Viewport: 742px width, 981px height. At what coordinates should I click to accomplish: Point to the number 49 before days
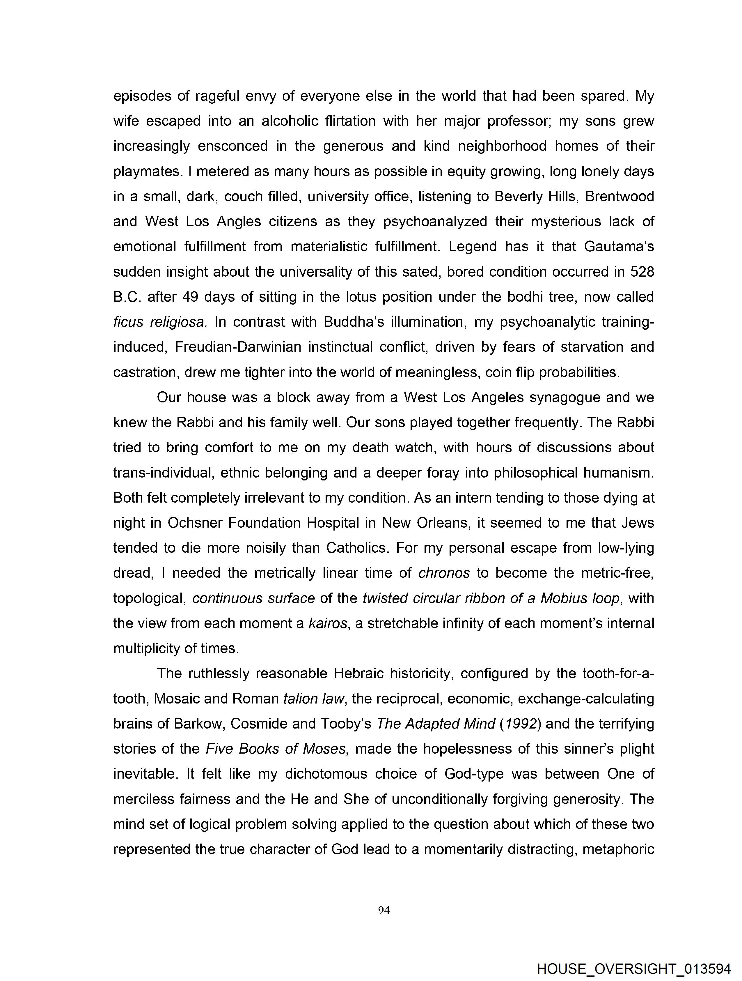[190, 297]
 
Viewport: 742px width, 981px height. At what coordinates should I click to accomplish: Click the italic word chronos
[444, 573]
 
